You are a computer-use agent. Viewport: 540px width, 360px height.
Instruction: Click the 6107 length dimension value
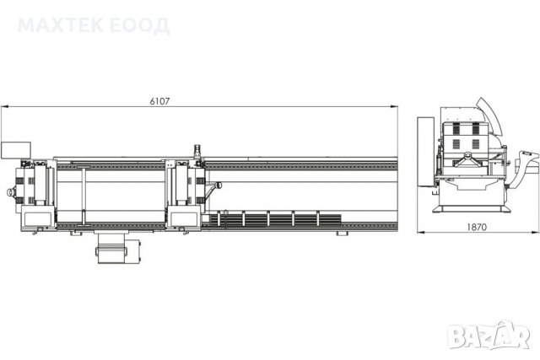[159, 101]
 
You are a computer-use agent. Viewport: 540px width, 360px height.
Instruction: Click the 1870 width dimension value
[477, 227]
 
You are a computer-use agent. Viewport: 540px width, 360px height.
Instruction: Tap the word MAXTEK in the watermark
[60, 25]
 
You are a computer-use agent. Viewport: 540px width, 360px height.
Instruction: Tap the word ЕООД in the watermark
[141, 26]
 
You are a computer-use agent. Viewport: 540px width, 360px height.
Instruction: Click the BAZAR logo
[489, 334]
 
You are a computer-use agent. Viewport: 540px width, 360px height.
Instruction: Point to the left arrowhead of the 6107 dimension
[4, 107]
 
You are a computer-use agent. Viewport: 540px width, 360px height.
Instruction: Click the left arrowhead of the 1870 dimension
[421, 233]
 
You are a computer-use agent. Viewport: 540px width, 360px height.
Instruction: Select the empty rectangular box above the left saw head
[16, 150]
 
